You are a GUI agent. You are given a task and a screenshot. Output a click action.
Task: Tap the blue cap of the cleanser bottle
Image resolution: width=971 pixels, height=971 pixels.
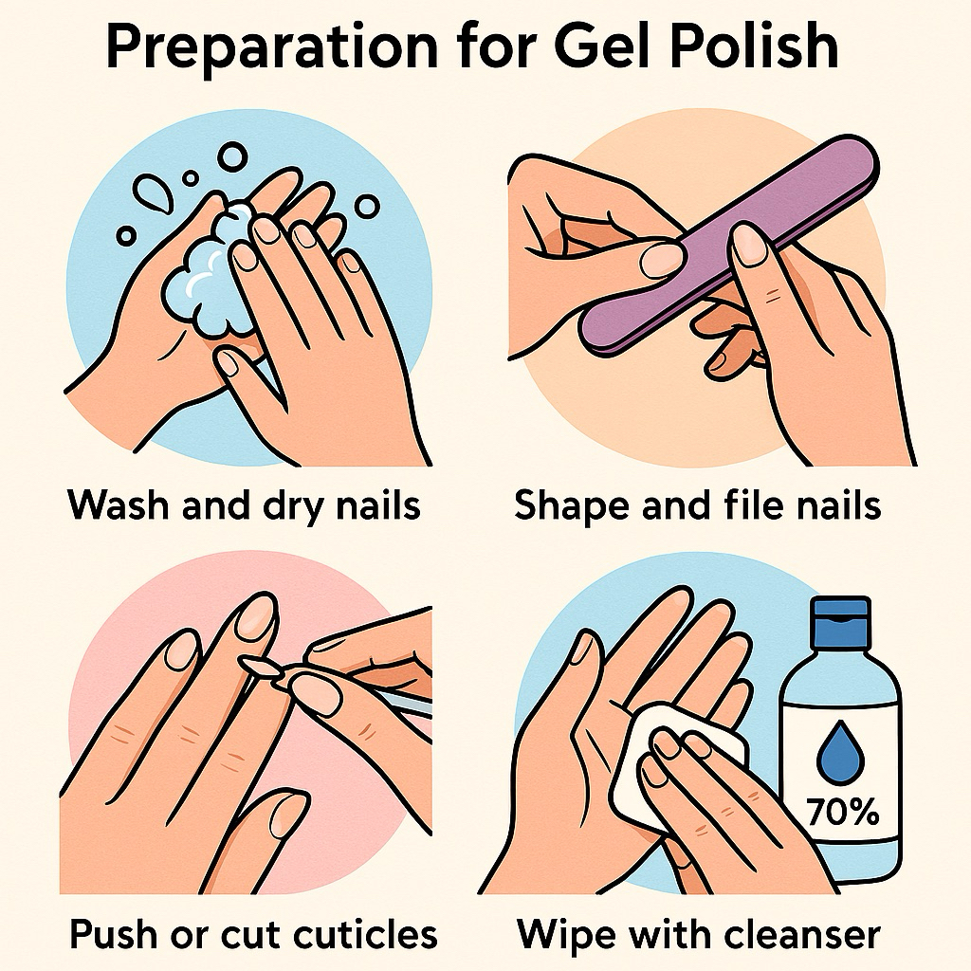click(841, 621)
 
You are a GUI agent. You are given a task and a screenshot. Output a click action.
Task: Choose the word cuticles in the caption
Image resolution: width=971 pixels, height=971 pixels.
click(365, 933)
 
